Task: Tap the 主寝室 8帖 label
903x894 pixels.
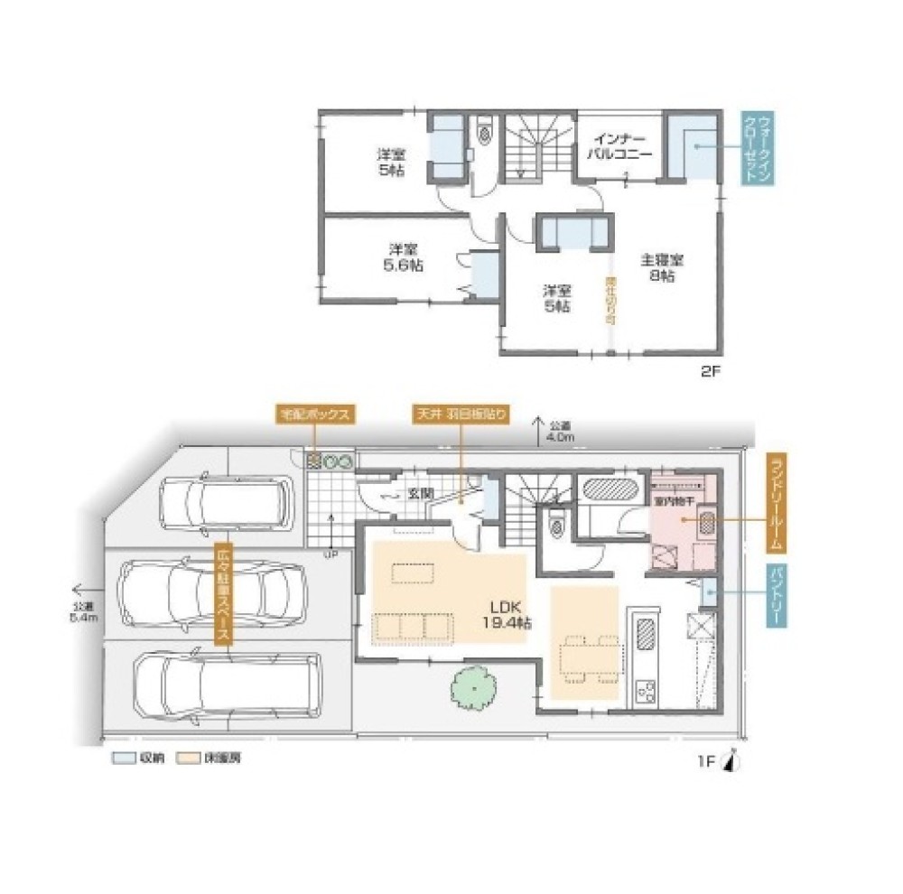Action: [663, 268]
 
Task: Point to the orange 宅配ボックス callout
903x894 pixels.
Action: [313, 414]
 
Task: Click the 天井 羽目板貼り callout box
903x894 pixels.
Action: [461, 414]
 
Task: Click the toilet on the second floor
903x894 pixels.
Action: [486, 134]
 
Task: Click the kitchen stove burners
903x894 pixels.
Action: [648, 692]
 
